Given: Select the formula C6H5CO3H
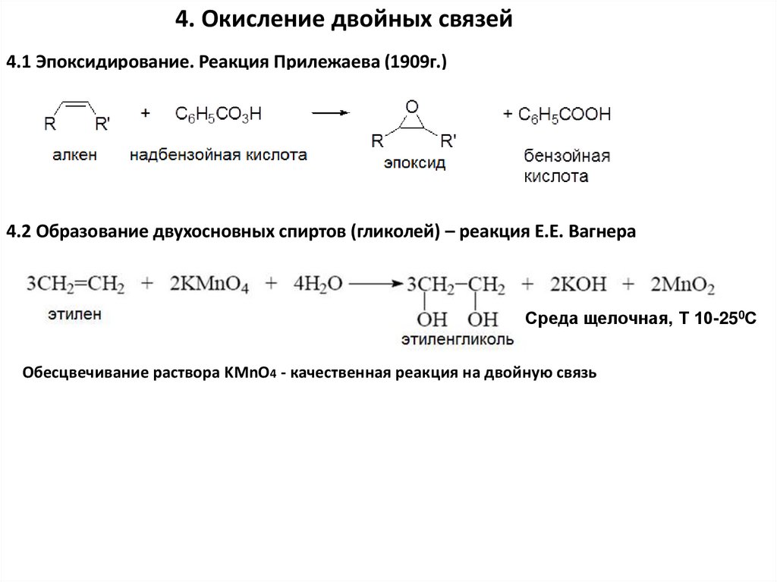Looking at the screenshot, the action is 219,114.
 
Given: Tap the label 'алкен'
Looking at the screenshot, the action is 74,156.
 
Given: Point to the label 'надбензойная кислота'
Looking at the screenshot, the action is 219,156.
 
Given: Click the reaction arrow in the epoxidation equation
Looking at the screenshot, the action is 331,114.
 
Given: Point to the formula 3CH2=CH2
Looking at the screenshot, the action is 76,285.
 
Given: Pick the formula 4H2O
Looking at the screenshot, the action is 318,285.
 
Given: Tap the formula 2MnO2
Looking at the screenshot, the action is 682,285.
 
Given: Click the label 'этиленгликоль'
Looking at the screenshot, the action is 458,339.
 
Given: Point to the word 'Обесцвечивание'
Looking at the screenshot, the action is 74,373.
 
